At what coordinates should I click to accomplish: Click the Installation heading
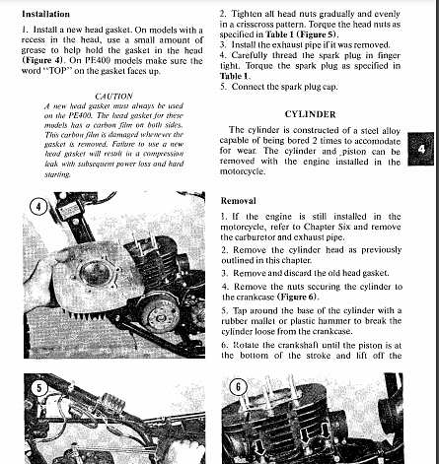[45, 14]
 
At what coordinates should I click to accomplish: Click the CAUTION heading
[113, 97]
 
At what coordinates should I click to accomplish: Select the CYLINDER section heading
[310, 114]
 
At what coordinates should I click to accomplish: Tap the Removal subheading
[238, 201]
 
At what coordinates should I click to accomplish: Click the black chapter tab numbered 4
[421, 149]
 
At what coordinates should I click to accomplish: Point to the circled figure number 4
[38, 207]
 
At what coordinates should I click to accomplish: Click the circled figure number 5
[39, 388]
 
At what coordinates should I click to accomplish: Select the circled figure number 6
[238, 387]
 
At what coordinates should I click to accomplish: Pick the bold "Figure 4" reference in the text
[42, 61]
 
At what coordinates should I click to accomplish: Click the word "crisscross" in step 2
[250, 25]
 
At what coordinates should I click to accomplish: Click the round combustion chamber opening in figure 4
[96, 273]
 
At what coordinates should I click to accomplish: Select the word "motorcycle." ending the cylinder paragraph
[243, 171]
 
